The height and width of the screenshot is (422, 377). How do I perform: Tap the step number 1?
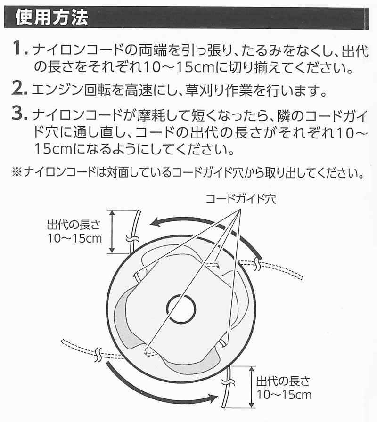coord(19,48)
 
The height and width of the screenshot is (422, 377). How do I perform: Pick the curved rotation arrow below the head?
coord(156,386)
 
